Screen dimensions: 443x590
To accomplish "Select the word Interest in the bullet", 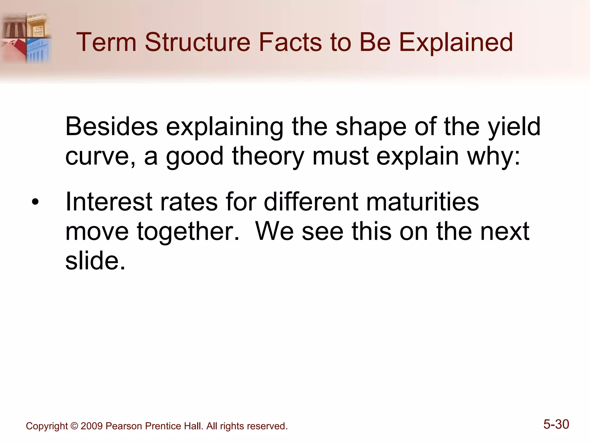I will coord(109,202).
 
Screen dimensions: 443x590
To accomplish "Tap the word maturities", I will coord(422,202).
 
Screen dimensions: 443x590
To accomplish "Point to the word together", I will coord(188,232).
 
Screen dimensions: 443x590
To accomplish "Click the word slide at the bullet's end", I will coord(92,261).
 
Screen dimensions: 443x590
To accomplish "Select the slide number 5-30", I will coord(556,425).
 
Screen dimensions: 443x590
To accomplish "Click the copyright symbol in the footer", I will coord(74,426).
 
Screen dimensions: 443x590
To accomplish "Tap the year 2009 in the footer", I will coord(92,426).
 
